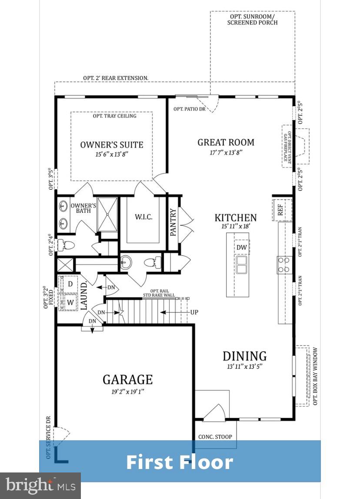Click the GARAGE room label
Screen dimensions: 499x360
point(127,379)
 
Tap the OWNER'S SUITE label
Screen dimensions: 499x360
point(112,145)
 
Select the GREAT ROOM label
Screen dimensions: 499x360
point(226,142)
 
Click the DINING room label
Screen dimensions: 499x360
point(244,356)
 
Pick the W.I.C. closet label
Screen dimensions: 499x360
point(144,217)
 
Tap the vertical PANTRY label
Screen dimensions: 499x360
point(173,223)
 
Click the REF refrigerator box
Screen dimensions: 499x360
point(280,210)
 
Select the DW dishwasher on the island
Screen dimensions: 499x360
point(242,248)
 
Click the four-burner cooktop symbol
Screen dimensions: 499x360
point(284,265)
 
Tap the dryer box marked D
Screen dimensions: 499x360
point(70,284)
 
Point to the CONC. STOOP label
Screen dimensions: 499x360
point(215,436)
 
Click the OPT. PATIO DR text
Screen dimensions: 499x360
point(189,109)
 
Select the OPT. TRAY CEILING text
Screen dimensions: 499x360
point(114,116)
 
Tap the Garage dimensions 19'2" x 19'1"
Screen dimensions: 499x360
point(127,392)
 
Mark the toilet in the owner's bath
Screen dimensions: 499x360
point(63,245)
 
